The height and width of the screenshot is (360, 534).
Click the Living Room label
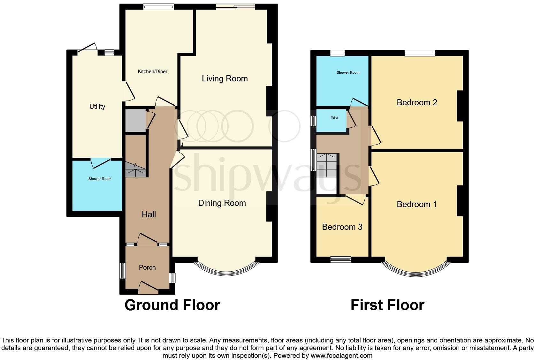(x=225, y=79)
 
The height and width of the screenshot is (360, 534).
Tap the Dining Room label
(x=222, y=203)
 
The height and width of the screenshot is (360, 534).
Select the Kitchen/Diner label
(x=152, y=71)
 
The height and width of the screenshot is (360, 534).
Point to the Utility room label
(x=97, y=107)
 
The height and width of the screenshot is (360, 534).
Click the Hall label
(x=149, y=214)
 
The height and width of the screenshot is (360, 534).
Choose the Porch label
(x=147, y=267)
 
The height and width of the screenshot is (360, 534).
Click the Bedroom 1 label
(x=416, y=204)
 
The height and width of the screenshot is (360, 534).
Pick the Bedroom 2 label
(x=416, y=102)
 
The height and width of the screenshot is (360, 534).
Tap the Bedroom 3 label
(x=342, y=227)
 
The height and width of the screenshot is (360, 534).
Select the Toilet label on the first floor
(x=334, y=118)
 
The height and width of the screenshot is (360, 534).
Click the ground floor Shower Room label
(x=100, y=179)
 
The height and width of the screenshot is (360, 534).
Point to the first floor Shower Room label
(x=348, y=72)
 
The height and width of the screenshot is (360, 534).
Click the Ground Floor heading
(x=172, y=305)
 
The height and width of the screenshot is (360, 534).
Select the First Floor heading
(x=387, y=305)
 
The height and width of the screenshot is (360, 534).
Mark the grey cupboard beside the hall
(x=135, y=120)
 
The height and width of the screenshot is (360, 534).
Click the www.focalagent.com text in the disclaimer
(x=341, y=355)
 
